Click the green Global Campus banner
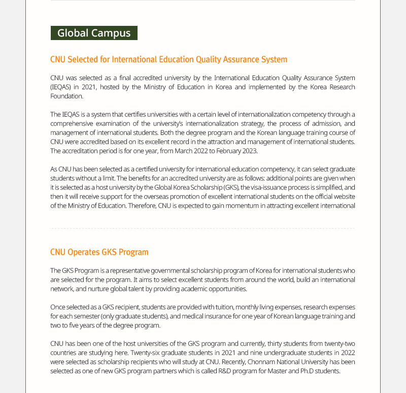94,33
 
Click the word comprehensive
74,123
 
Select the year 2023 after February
250,151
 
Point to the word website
343,196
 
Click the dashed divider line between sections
203,229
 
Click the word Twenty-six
147,352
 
